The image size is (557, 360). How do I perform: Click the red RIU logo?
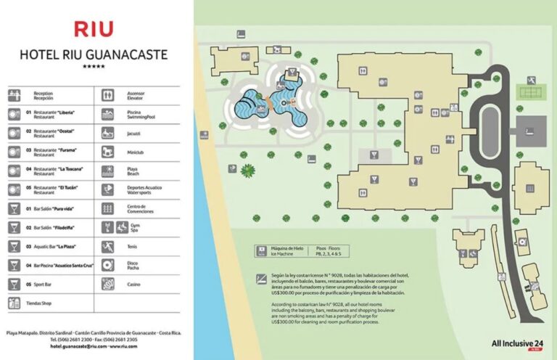(x=94, y=29)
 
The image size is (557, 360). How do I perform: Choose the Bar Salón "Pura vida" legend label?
(x=50, y=208)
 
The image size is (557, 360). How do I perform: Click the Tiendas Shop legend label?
(x=39, y=303)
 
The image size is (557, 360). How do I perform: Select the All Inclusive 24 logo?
(x=517, y=343)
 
